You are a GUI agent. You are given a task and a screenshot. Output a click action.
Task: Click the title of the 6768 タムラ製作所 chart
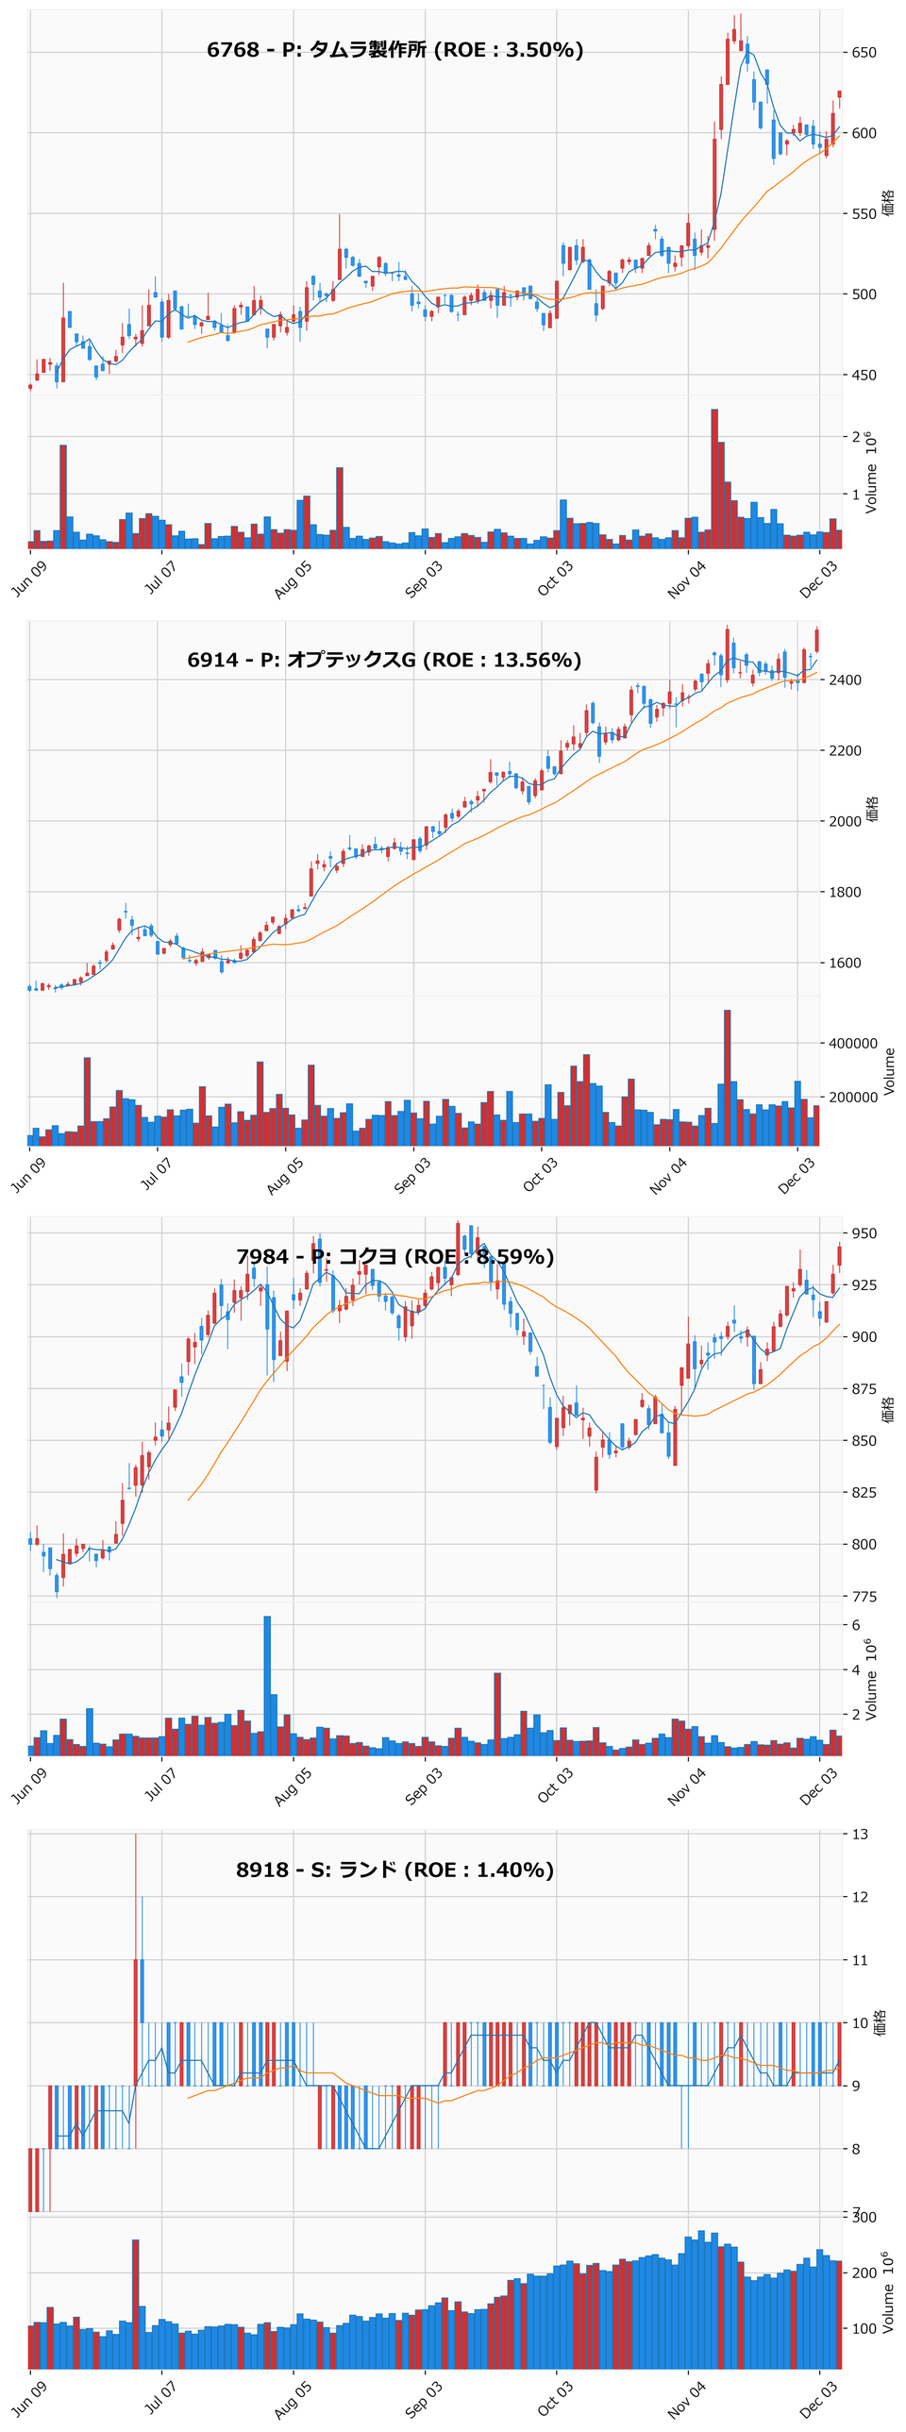[394, 50]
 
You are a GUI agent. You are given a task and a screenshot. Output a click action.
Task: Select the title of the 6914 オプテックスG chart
[384, 660]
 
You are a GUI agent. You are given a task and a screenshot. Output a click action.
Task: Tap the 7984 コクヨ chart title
[394, 1257]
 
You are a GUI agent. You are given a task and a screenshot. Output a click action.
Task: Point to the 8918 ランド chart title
[394, 1870]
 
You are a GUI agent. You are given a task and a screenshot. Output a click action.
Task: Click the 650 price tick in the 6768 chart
[864, 53]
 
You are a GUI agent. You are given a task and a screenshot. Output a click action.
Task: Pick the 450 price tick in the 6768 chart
[864, 375]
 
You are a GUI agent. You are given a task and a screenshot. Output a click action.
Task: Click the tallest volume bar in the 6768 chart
[714, 478]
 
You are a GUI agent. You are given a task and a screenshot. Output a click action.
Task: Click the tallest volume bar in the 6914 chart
[727, 1077]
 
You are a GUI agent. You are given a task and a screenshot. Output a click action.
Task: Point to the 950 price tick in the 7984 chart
[864, 1233]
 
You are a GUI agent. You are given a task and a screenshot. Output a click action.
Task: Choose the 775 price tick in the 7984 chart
[864, 1597]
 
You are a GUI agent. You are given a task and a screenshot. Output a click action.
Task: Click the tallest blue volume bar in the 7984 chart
[267, 1686]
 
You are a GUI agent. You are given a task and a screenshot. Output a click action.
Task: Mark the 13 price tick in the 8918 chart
[860, 1835]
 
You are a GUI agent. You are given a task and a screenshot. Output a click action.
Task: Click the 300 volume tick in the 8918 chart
[864, 2217]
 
